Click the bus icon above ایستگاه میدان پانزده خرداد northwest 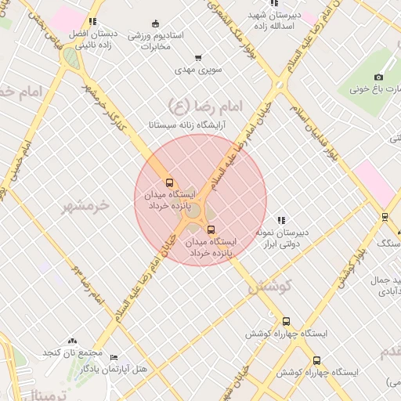pos(170,182)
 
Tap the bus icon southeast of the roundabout pos(211,229)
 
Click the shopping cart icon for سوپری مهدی pos(197,57)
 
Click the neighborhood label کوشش pos(269,287)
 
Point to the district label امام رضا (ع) pos(206,103)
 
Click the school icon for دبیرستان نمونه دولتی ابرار pos(281,220)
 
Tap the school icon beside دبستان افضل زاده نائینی pos(92,22)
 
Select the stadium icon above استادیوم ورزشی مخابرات pos(155,23)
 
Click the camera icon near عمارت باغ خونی pos(378,77)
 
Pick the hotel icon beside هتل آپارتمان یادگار pos(114,357)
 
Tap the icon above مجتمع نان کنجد pos(73,341)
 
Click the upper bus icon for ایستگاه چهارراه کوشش pos(286,321)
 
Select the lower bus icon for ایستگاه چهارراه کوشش pos(316,360)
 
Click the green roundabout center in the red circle pos(193,209)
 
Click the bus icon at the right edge pos(385,216)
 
